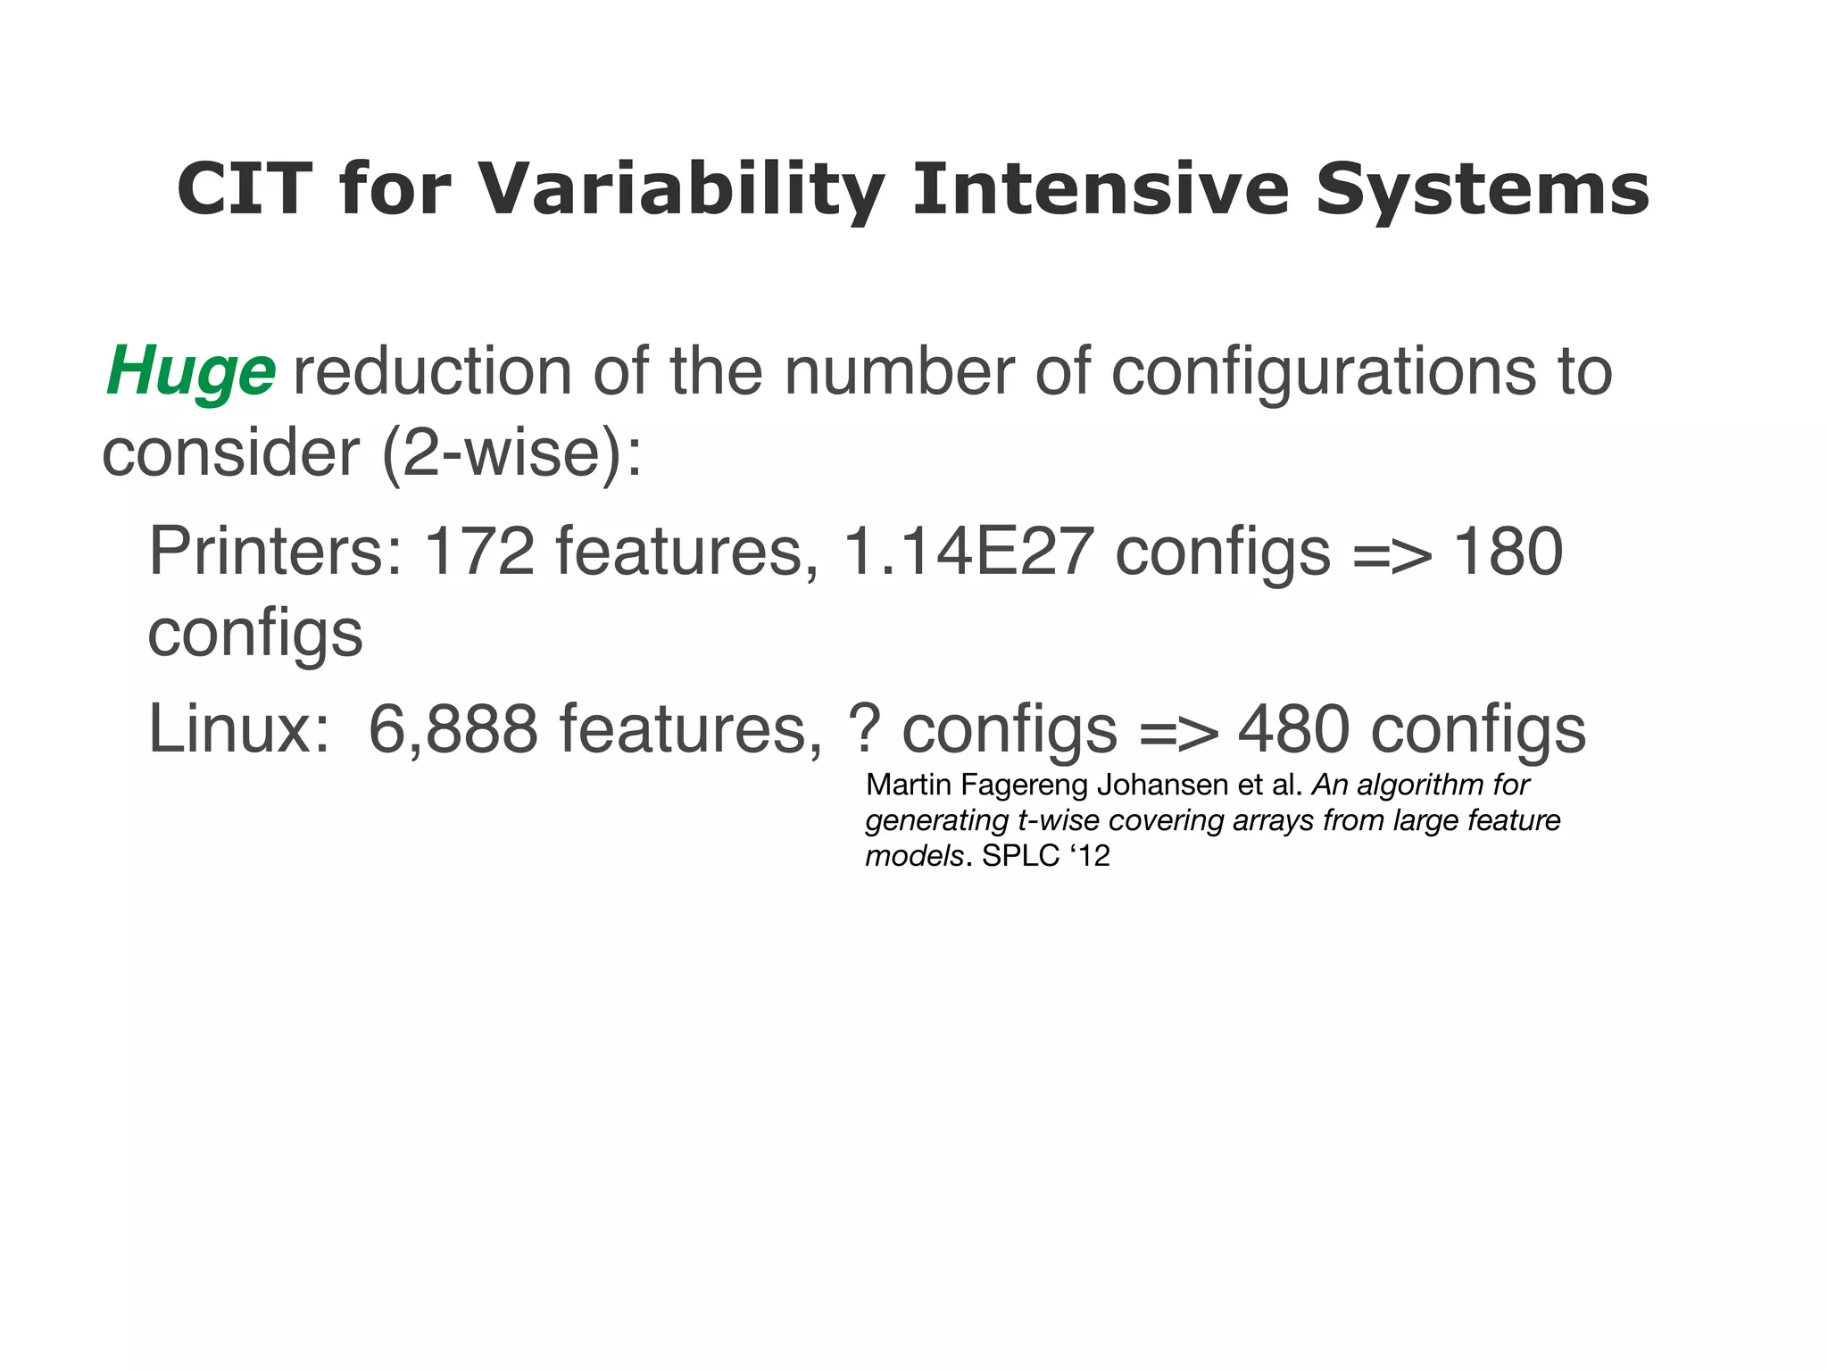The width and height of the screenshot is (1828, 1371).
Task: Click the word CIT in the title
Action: pyautogui.click(x=244, y=188)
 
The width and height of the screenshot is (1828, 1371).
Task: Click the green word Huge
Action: pyautogui.click(x=190, y=371)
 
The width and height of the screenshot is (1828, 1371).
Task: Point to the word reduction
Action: pyautogui.click(x=432, y=371)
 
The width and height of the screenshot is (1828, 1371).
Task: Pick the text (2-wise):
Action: pyautogui.click(x=511, y=453)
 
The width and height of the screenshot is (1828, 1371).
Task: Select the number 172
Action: pyautogui.click(x=478, y=552)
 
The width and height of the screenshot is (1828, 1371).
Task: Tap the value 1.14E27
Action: pyautogui.click(x=968, y=552)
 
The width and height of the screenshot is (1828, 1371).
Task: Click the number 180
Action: pyautogui.click(x=1508, y=552)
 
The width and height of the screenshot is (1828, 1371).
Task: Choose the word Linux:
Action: pyautogui.click(x=238, y=729)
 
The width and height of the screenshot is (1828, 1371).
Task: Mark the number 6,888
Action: pyautogui.click(x=453, y=729)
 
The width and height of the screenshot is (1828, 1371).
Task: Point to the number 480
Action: pyautogui.click(x=1292, y=729)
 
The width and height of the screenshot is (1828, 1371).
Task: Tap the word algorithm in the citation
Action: pyautogui.click(x=1411, y=785)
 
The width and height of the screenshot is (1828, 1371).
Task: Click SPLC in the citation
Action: pyautogui.click(x=1020, y=856)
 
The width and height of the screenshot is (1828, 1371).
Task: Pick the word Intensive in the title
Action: pyautogui.click(x=1101, y=188)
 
